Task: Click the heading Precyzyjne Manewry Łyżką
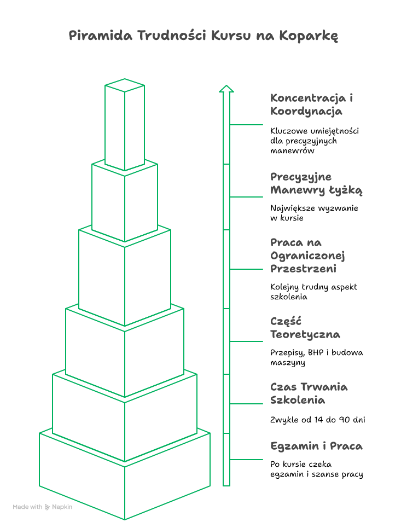tap(316, 183)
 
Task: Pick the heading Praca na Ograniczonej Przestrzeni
tap(307, 256)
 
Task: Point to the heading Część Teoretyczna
tap(305, 328)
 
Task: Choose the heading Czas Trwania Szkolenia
tap(309, 393)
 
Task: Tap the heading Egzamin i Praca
tap(316, 446)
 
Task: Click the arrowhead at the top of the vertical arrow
tap(226, 88)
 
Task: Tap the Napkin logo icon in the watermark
tap(48, 507)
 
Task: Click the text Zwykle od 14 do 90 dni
tap(317, 420)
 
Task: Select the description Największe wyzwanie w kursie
tap(314, 213)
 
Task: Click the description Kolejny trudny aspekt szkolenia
tap(313, 292)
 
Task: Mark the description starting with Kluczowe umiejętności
tap(315, 141)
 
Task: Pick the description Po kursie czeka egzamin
tap(316, 469)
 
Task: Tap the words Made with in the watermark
tap(27, 507)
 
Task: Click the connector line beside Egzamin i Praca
tap(246, 460)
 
